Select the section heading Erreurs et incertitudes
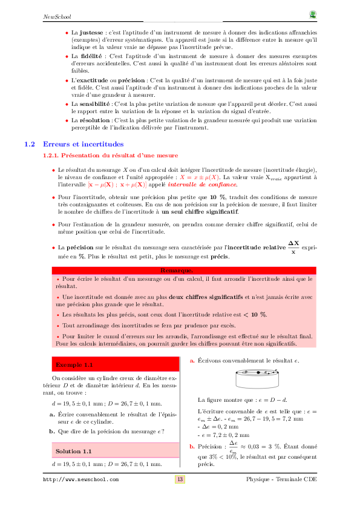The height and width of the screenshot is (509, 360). click(83, 145)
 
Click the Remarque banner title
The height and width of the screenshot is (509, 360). click(177, 270)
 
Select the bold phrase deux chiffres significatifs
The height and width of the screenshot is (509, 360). click(206, 297)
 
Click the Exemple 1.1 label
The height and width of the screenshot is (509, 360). click(74, 365)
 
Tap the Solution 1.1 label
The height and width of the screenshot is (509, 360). click(74, 452)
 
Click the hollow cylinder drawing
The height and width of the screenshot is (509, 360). click(256, 379)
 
